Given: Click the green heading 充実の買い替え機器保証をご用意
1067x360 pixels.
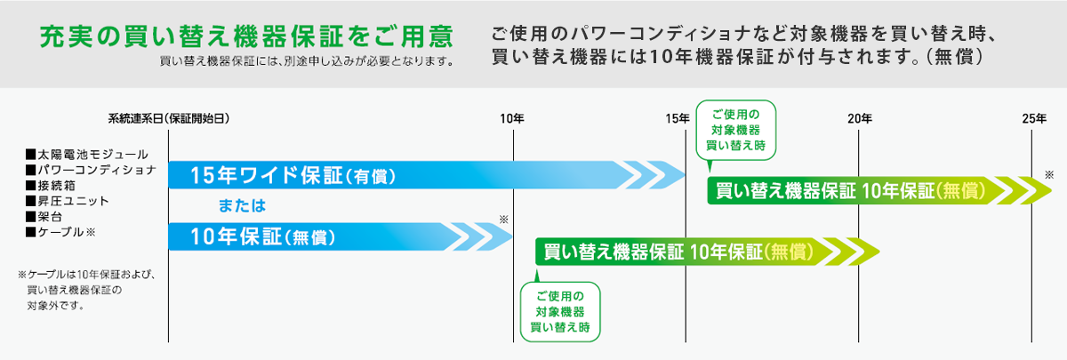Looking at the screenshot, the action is [247, 36].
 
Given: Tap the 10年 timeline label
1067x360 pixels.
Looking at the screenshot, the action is [512, 118].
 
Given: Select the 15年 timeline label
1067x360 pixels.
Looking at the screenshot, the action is [678, 118].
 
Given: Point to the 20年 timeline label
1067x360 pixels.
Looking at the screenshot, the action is [860, 118].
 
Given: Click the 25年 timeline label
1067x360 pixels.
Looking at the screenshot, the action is [1034, 118].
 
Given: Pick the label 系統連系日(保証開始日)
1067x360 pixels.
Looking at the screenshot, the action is [169, 118].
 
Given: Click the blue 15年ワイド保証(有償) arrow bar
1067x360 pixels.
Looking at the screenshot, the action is [427, 175].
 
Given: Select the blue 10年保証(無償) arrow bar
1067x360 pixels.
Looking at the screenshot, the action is [341, 236].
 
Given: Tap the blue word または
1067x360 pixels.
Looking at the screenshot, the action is [242, 205].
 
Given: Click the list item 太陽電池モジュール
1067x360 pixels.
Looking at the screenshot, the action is [87, 155].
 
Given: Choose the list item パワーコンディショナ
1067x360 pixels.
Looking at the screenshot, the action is [91, 170].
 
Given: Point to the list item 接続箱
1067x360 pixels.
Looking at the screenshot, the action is [51, 185].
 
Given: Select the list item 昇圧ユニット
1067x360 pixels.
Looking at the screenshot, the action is [68, 201].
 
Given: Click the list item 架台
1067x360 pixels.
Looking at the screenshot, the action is [44, 217].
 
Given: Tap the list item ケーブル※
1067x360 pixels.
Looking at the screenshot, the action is [61, 232].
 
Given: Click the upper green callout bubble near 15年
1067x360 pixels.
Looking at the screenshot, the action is [736, 130].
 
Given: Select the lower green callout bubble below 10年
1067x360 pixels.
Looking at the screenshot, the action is [560, 312].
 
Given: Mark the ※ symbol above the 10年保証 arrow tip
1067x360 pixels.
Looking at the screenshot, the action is [504, 220].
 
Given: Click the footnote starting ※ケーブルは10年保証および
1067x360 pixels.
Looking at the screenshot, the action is [87, 290].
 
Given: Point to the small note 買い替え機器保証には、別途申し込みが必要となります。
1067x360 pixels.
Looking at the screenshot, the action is [308, 61].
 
